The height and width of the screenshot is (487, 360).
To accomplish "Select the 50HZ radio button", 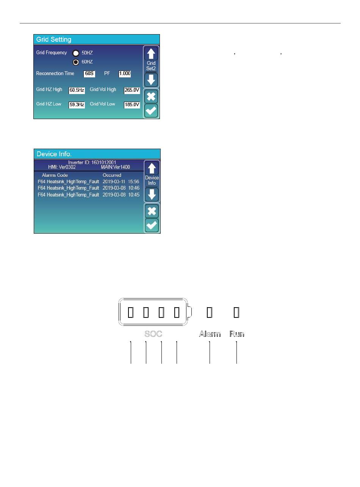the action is click(x=76, y=53).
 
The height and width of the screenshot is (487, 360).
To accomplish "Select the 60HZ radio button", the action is click(x=76, y=62).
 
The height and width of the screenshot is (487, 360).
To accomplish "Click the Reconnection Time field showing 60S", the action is click(x=89, y=74).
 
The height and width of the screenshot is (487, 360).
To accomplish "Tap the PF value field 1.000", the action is click(x=125, y=74).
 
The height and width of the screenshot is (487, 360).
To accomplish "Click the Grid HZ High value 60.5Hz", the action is click(x=77, y=90).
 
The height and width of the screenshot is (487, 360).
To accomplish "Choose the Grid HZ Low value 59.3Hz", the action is click(x=77, y=105).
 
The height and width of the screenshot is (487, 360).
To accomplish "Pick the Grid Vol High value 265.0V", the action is click(x=132, y=90).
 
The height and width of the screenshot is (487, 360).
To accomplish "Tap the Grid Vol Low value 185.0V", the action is click(x=132, y=105).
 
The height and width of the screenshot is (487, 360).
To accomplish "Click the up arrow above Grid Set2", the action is click(x=152, y=53).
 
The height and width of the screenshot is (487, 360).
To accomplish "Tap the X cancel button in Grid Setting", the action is click(x=152, y=97).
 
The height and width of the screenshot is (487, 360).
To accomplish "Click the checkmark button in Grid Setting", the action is click(x=152, y=111).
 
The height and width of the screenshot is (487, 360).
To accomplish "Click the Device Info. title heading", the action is click(x=54, y=154).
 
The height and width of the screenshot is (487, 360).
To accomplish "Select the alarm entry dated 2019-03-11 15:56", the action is click(x=88, y=182).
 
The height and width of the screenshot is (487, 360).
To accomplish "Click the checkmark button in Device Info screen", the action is click(x=152, y=225).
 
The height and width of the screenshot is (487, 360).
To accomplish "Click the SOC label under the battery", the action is click(x=153, y=334).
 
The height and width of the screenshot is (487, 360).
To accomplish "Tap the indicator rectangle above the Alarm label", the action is click(x=210, y=312).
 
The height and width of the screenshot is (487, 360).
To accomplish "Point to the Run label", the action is click(x=237, y=334).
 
